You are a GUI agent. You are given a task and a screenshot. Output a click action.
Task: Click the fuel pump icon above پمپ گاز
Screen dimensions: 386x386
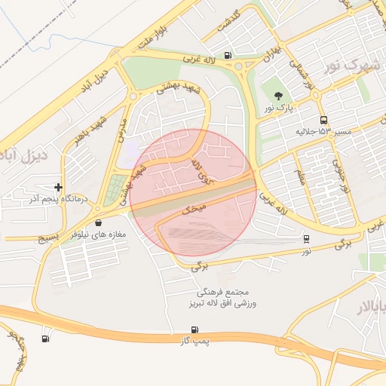[x=195, y=330]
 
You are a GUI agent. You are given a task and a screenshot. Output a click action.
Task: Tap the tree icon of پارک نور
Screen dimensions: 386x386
[x=278, y=96]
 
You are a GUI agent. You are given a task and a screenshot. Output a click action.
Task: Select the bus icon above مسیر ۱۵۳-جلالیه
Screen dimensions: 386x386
[x=323, y=120]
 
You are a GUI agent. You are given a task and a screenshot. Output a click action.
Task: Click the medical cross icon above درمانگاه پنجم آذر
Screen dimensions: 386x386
[x=59, y=187]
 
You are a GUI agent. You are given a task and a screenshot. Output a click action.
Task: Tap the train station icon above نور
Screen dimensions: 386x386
[x=306, y=238]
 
